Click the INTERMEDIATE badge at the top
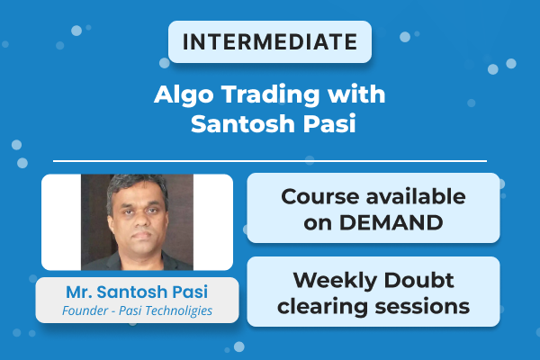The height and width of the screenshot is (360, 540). coord(269,42)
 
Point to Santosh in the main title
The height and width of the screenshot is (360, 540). coord(238,124)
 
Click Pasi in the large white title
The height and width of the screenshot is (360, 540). coord(323,124)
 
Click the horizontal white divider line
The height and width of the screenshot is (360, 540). coord(269,161)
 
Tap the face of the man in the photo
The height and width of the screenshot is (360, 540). coord(136,213)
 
